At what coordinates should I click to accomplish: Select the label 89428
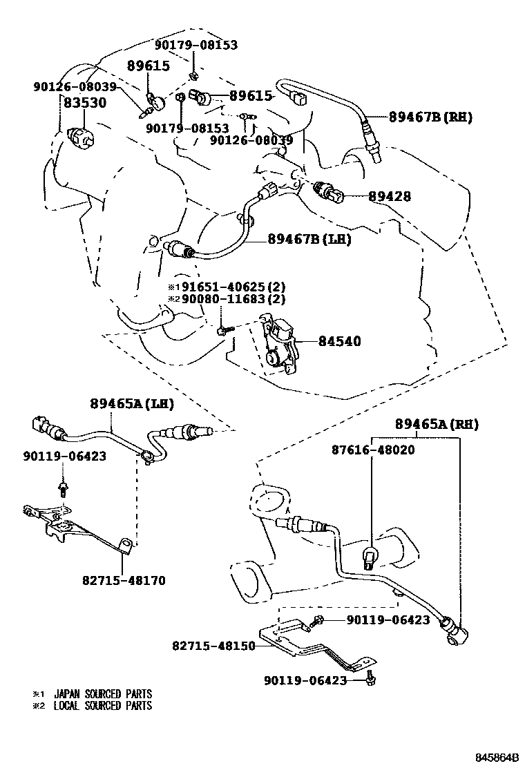pos(389,197)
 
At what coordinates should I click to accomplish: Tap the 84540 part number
pos(339,341)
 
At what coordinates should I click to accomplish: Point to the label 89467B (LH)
pos(309,240)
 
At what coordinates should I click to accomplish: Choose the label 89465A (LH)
pos(131,403)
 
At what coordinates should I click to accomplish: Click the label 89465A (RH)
pos(437,423)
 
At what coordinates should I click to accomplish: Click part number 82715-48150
pos(213,646)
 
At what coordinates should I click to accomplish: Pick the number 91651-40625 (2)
pos(232,287)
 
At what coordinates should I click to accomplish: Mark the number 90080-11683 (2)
pos(232,299)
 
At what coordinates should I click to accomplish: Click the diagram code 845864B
pos(495,758)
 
